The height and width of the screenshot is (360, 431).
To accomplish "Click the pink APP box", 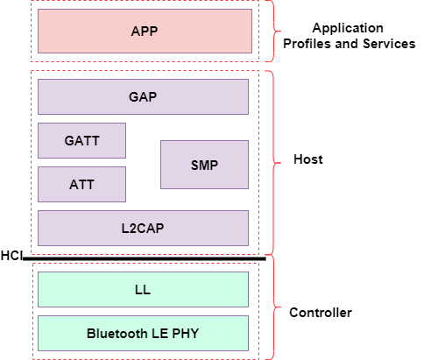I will point(145,32).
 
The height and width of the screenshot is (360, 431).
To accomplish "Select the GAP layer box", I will point(143,96).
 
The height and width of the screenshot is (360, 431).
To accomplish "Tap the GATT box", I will point(81,140).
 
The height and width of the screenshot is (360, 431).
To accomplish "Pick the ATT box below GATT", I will point(81,184).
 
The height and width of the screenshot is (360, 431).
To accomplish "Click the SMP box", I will point(204,165).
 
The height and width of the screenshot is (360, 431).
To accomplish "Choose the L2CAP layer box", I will point(143,228).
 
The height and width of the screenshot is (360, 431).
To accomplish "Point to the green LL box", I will point(143,289).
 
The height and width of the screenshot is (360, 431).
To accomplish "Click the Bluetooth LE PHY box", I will point(143,333).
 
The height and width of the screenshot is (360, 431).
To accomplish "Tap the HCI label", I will point(11,255).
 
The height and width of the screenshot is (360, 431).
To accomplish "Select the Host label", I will point(308,159).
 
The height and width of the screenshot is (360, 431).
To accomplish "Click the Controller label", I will point(321,313).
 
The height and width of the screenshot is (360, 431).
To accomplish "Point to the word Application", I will point(349,27).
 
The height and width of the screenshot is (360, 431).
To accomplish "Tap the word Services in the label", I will point(388,43).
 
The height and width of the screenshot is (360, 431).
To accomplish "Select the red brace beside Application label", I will point(273,32).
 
